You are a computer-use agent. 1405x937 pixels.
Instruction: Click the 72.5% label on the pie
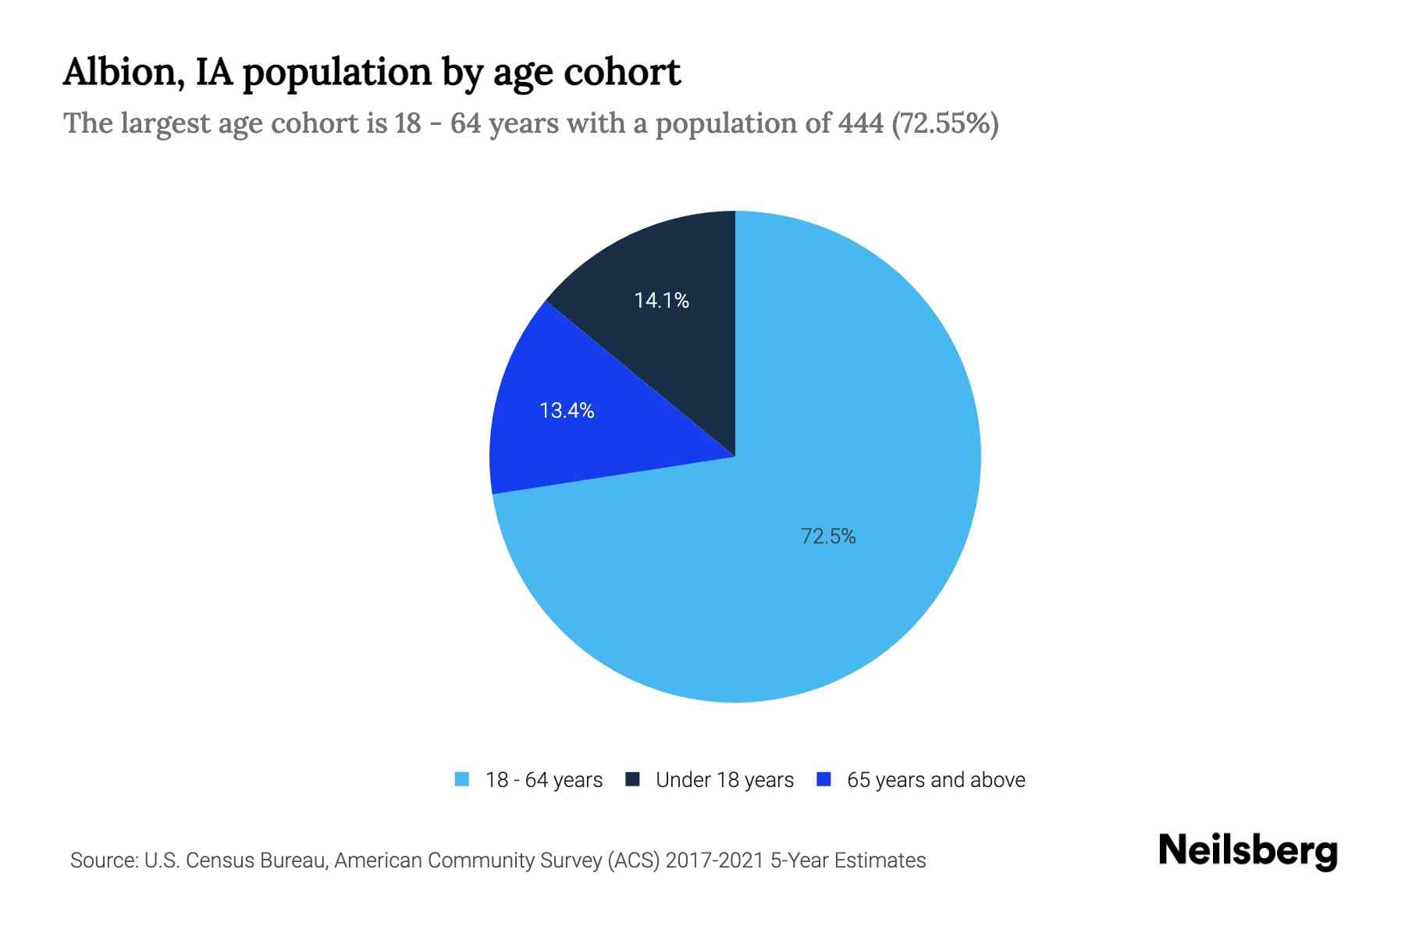point(828,536)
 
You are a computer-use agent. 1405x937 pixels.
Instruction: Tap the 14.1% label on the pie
point(661,301)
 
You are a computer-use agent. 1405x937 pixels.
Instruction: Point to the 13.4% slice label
point(567,411)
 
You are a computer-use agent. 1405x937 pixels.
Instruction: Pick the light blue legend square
point(462,779)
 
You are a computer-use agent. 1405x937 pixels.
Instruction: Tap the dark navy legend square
point(633,779)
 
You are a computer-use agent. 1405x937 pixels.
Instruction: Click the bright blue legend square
point(823,779)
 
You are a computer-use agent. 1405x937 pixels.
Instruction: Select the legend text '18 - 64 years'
point(543,780)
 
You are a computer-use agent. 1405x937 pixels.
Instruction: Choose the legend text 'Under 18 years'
point(724,780)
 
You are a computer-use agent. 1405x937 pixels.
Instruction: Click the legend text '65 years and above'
point(936,780)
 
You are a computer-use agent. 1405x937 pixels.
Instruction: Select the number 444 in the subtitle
point(862,123)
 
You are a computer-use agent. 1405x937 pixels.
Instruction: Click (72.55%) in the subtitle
point(944,123)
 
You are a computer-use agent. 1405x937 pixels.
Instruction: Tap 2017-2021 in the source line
point(714,860)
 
